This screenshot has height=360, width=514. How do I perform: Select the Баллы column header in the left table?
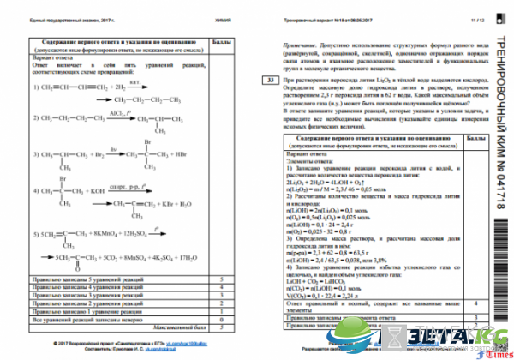[x=221, y=39]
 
